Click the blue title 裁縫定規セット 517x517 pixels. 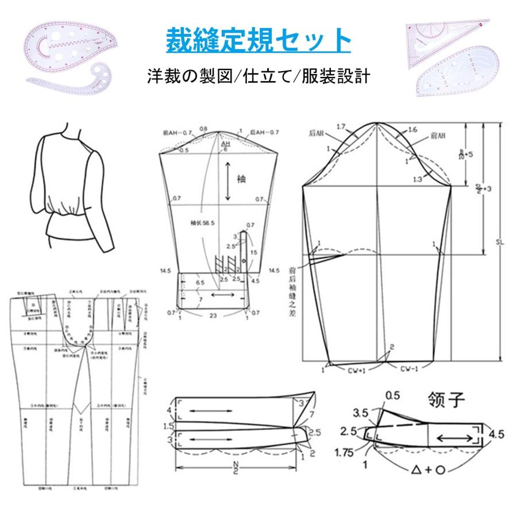pyautogui.click(x=258, y=41)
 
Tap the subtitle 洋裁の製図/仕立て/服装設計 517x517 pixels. pyautogui.click(x=258, y=75)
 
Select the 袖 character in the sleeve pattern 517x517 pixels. pyautogui.click(x=241, y=179)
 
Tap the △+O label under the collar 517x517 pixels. pyautogui.click(x=430, y=469)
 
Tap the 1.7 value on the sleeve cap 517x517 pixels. pyautogui.click(x=341, y=126)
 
